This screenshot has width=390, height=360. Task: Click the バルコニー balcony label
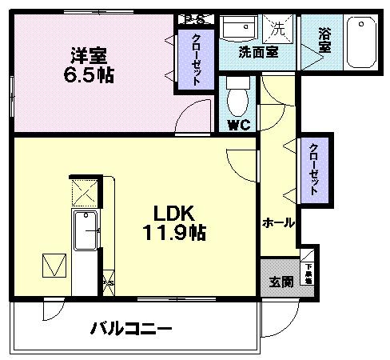pyautogui.click(x=130, y=328)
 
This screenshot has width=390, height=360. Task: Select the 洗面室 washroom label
pyautogui.click(x=258, y=52)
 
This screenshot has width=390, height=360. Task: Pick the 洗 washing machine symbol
pyautogui.click(x=277, y=30)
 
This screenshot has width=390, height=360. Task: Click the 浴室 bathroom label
pyautogui.click(x=324, y=40)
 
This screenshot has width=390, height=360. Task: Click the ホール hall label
pyautogui.click(x=279, y=222)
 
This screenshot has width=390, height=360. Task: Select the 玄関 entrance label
pyautogui.click(x=280, y=282)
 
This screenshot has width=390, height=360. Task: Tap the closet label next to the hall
pyautogui.click(x=314, y=170)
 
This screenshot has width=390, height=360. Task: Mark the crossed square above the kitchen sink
pyautogui.click(x=85, y=190)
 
